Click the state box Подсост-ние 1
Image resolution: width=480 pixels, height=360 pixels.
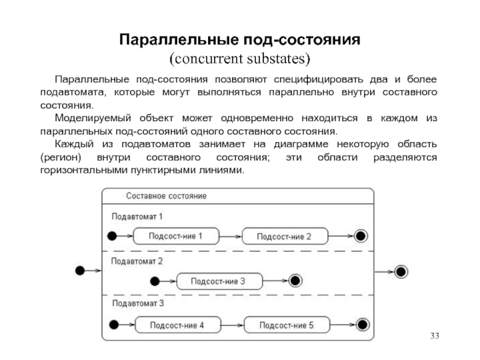coord(176,236)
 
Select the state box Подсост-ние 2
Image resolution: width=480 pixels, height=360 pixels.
coord(284,236)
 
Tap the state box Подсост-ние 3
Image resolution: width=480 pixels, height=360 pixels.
coord(220,281)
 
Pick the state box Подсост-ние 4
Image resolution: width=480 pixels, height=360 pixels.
coord(178,325)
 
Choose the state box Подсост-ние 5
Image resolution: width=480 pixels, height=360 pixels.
coord(287,325)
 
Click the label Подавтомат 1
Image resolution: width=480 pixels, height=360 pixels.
coord(137,217)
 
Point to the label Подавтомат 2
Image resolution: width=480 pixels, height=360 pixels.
coord(137,261)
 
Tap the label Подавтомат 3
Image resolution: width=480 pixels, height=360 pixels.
coord(138,304)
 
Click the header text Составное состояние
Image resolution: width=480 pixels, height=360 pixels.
coord(166,196)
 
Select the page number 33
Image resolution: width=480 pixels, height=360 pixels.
coord(434,336)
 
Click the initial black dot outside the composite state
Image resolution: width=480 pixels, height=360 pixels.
coord(80,271)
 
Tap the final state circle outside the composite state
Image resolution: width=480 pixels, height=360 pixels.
coord(401,272)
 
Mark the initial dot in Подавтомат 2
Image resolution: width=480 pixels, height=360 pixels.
coord(155,281)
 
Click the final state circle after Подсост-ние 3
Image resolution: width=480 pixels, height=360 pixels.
coord(295,281)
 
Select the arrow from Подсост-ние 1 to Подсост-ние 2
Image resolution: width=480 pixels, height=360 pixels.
coord(230,236)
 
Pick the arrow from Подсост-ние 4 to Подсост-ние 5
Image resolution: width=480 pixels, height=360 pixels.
coord(232,325)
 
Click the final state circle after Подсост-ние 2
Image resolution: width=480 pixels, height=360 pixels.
coord(361,236)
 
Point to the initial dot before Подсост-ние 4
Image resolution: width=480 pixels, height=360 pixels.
coord(114,325)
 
